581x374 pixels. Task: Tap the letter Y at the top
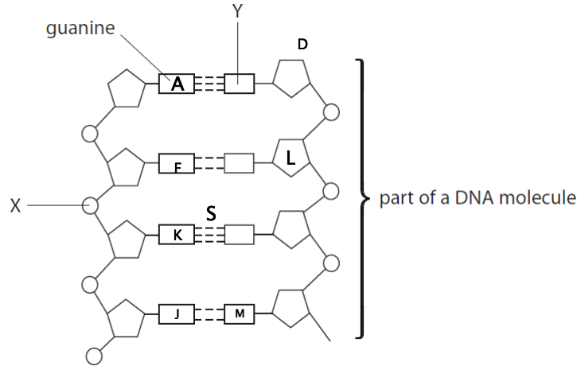pos(237,11)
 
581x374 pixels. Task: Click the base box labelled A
pos(177,84)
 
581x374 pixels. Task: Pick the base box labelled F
pos(177,166)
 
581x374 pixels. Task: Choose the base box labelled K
pos(177,235)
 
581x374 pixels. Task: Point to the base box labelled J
pos(177,314)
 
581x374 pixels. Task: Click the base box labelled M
pos(240,314)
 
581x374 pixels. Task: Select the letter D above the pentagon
pos(302,45)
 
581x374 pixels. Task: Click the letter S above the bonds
pos(211,213)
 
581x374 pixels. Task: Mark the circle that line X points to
pos(91,205)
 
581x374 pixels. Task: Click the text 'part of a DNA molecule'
pos(478,198)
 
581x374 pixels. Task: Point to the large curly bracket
pos(363,198)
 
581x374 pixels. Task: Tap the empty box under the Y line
pos(239,84)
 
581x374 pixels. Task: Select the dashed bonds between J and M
pos(209,314)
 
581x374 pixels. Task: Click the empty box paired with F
pos(239,165)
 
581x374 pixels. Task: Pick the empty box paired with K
pos(239,235)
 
